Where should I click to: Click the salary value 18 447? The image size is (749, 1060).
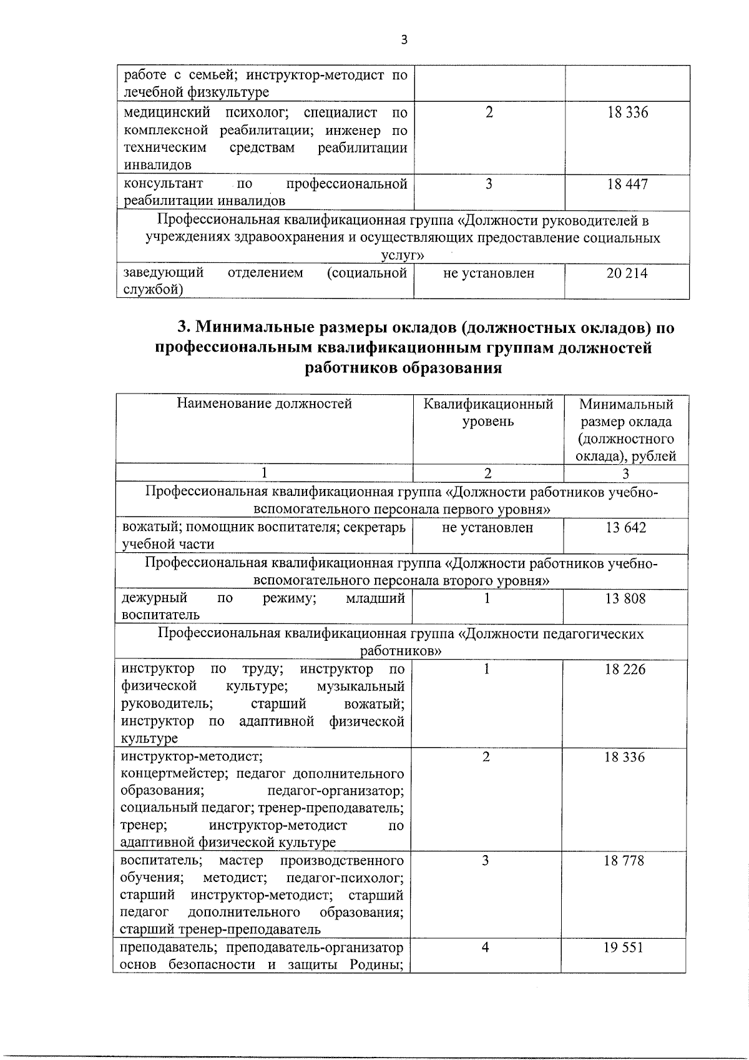627,184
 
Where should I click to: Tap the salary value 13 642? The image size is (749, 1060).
625,528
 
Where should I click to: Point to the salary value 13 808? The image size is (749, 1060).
625,599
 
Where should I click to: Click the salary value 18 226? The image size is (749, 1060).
625,670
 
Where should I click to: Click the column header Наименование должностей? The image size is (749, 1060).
265,404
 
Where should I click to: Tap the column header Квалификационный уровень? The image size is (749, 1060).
488,412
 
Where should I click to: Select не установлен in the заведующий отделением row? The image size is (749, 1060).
489,273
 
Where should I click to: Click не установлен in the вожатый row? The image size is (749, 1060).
487,528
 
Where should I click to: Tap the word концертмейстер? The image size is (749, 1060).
167,774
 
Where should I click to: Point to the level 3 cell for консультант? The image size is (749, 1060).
489,184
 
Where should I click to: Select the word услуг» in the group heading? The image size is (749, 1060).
403,255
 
